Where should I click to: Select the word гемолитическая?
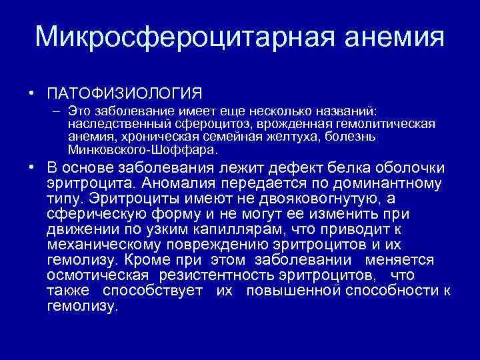(382, 124)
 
